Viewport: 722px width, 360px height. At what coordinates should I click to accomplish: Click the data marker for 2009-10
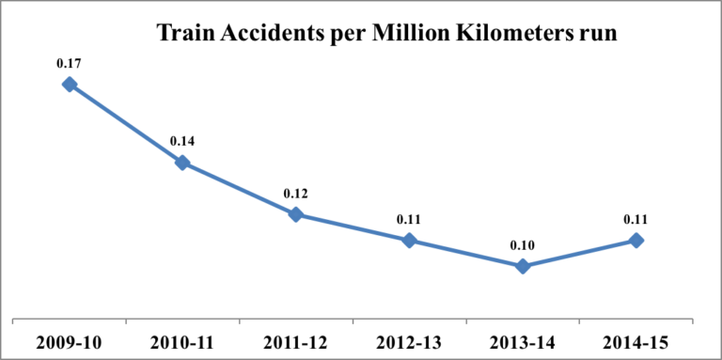point(69,85)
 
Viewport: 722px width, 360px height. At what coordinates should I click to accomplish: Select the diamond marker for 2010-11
point(181,163)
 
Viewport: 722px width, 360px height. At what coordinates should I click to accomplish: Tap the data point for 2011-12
point(295,214)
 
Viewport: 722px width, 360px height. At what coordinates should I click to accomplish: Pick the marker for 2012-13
point(409,241)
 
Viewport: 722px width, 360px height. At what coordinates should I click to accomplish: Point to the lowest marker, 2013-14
point(523,266)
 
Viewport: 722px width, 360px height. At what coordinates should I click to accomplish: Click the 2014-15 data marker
point(636,241)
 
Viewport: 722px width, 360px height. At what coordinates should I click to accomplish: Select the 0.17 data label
point(69,64)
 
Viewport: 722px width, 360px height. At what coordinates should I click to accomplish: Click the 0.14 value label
point(181,141)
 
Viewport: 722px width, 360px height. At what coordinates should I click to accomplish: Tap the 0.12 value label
point(295,194)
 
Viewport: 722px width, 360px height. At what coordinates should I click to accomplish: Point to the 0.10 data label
point(523,245)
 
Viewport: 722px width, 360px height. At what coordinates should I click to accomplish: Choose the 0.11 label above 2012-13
point(409,220)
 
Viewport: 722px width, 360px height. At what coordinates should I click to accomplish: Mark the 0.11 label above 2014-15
point(636,220)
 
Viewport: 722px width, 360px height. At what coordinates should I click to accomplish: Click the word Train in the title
point(186,34)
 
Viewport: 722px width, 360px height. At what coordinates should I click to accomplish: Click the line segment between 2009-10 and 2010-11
point(125,123)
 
